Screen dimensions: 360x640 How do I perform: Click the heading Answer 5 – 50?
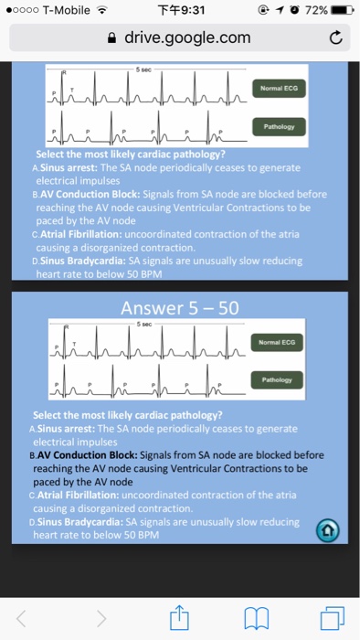click(179, 308)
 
